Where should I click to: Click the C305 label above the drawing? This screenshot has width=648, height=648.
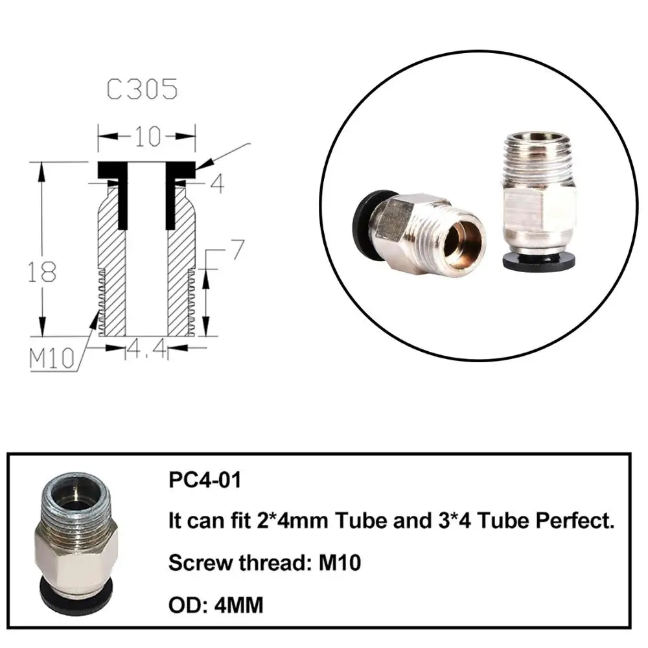(142, 89)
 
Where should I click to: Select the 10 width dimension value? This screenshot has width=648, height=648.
(148, 136)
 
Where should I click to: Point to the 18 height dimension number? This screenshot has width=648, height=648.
(41, 272)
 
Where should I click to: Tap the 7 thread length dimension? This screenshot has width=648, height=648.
(237, 249)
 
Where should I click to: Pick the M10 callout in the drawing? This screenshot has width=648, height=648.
(52, 358)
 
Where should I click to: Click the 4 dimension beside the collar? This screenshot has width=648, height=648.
(217, 184)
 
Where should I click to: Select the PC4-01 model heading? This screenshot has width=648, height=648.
(205, 480)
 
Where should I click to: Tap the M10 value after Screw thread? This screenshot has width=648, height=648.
(340, 562)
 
